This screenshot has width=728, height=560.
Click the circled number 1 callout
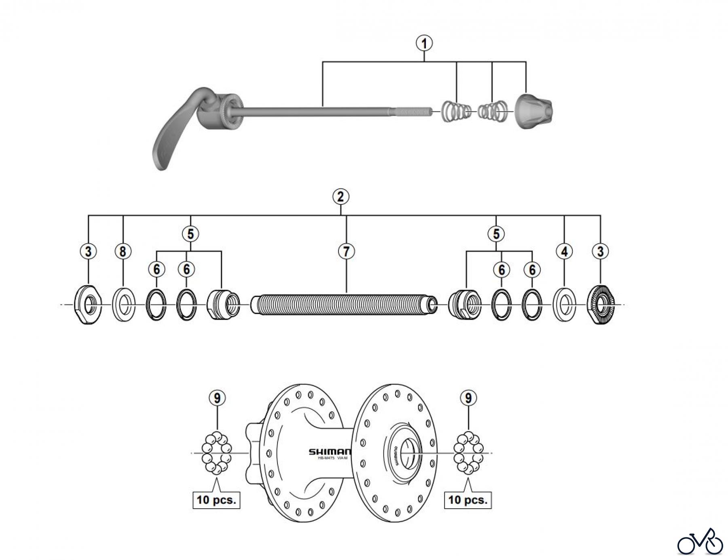coord(424,43)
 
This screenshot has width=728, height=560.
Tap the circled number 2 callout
coord(341,197)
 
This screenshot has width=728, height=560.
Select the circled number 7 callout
coord(346,251)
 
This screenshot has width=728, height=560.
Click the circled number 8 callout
coord(123,251)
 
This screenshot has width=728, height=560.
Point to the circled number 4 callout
coord(564,251)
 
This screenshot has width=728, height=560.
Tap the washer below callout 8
coord(123,305)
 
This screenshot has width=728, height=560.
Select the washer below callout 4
coord(564,305)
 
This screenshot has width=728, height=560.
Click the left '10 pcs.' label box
coord(216,500)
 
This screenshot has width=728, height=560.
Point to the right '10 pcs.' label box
coord(468,500)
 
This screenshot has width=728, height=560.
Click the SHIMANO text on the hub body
coord(330,452)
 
